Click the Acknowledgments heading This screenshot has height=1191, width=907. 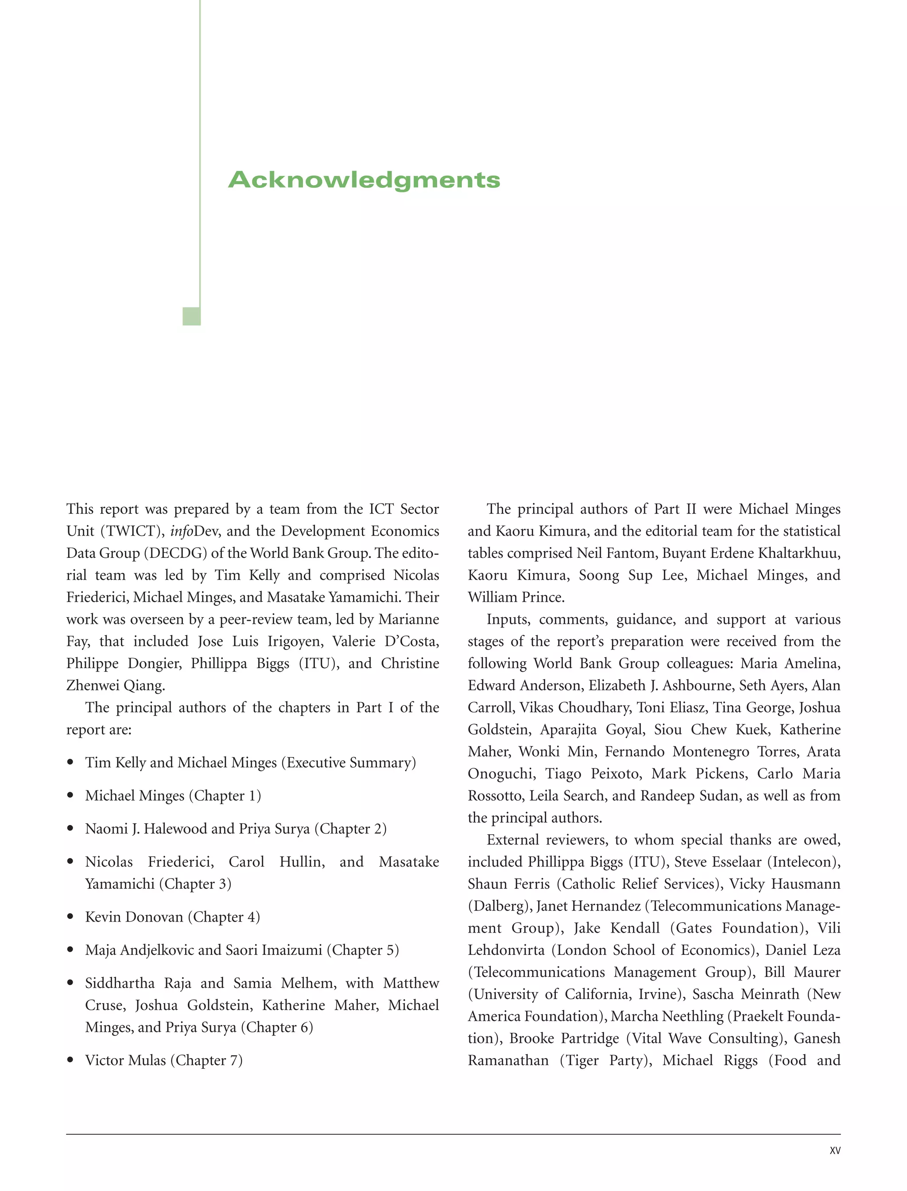point(364,180)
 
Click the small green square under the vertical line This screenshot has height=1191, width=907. point(192,316)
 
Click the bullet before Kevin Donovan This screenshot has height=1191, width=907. point(70,917)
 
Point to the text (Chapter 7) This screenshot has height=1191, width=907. point(207,1060)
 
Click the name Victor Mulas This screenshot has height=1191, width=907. point(125,1060)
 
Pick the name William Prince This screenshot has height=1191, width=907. point(516,597)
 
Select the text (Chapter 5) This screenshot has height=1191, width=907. point(363,950)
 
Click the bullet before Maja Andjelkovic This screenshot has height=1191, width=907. point(70,950)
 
